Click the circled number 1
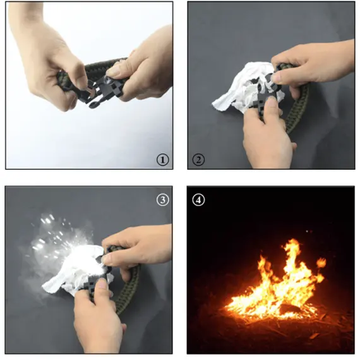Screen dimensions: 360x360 163,160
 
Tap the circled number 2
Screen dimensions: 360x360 198,160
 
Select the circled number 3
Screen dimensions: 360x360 163,200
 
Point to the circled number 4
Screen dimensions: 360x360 198,200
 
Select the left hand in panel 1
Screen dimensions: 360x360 46,57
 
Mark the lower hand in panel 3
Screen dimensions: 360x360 99,319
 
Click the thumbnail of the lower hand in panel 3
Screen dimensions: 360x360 102,285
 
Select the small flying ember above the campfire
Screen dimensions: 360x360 307,231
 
